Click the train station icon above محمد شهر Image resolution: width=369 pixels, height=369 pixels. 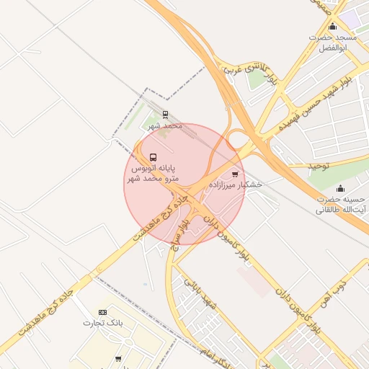click(165, 114)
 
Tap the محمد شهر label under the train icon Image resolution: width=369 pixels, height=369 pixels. click(165, 125)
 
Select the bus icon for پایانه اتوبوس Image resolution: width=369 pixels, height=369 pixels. click(152, 157)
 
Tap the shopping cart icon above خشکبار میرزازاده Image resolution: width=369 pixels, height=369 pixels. click(235, 174)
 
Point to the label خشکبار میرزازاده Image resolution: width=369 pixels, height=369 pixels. click(236, 184)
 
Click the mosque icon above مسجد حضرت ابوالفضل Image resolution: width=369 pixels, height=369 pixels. click(332, 27)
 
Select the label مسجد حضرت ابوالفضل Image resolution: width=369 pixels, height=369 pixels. click(332, 42)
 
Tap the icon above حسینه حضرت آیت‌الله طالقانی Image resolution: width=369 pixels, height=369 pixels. click(340, 189)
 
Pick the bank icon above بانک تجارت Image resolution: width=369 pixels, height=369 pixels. click(102, 312)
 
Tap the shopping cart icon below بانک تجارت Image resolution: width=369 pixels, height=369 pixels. click(118, 358)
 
